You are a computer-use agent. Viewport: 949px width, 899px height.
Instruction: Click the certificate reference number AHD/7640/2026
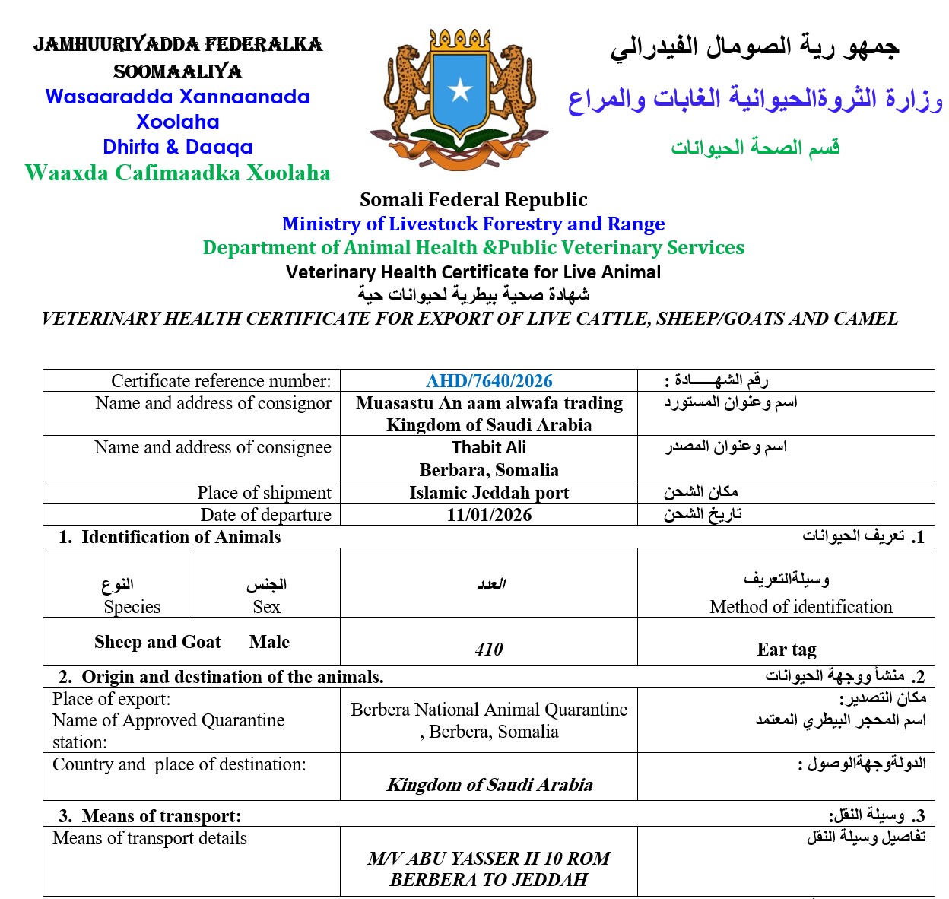pyautogui.click(x=489, y=381)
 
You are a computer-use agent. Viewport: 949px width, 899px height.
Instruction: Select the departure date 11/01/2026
pyautogui.click(x=489, y=515)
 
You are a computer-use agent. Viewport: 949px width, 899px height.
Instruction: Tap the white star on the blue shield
pyautogui.click(x=460, y=91)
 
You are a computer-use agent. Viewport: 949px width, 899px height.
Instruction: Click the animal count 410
pyautogui.click(x=488, y=650)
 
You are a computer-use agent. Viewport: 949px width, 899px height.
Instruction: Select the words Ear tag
pyautogui.click(x=786, y=650)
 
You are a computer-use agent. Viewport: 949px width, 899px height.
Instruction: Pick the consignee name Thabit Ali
pyautogui.click(x=489, y=447)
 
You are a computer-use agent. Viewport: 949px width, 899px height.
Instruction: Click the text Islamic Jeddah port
pyautogui.click(x=489, y=493)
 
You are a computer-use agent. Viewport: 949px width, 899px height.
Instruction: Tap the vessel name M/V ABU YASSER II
pyautogui.click(x=453, y=859)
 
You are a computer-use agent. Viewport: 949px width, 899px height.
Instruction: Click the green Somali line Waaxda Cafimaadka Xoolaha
pyautogui.click(x=177, y=173)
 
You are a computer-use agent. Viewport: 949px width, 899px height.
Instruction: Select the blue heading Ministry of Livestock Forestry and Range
pyautogui.click(x=473, y=224)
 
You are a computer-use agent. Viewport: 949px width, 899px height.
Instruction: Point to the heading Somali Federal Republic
pyautogui.click(x=473, y=200)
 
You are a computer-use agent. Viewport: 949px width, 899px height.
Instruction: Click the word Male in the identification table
pyautogui.click(x=269, y=642)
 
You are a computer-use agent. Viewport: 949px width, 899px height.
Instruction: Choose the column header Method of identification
pyautogui.click(x=801, y=607)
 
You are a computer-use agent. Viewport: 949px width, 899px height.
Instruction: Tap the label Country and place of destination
pyautogui.click(x=179, y=764)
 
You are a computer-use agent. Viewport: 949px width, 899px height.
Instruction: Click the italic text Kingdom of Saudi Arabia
pyautogui.click(x=490, y=785)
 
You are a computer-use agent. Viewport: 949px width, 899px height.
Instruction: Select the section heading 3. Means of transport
pyautogui.click(x=150, y=816)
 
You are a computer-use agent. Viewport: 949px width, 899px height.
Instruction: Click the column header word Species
pyautogui.click(x=132, y=607)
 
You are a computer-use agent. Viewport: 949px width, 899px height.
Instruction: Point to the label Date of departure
pyautogui.click(x=265, y=515)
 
